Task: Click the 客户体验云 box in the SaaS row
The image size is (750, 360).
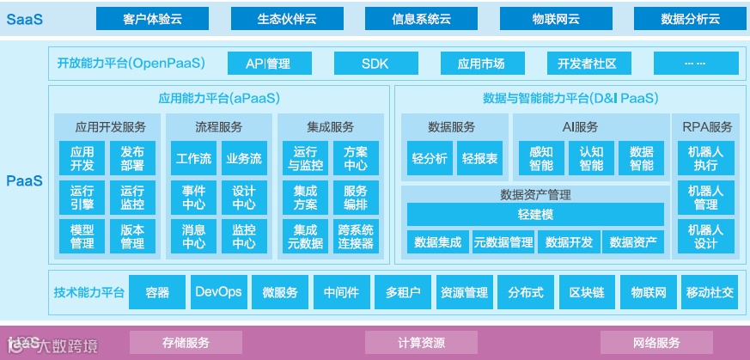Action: [152, 19]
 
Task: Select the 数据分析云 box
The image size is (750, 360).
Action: [690, 19]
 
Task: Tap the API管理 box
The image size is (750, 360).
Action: [267, 64]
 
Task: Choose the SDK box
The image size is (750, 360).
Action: [375, 64]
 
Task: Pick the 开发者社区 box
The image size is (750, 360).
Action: [587, 64]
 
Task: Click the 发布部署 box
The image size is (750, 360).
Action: [132, 159]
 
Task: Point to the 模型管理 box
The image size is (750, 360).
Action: [82, 236]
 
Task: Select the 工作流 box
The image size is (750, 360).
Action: [193, 159]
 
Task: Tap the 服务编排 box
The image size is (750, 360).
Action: [355, 198]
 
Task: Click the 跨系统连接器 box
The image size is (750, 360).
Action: [355, 236]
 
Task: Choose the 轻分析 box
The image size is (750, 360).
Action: [430, 159]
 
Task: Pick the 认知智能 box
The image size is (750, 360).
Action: [592, 159]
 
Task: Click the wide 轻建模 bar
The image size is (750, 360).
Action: [535, 213]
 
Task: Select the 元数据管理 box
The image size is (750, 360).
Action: [503, 242]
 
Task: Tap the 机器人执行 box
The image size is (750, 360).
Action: [705, 159]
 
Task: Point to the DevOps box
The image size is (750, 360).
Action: [218, 292]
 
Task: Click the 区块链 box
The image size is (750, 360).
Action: [587, 292]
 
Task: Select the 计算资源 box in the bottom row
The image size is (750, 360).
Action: [421, 343]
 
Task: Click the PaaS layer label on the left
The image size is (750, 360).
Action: [24, 181]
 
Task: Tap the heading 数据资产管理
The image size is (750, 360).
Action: [535, 194]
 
